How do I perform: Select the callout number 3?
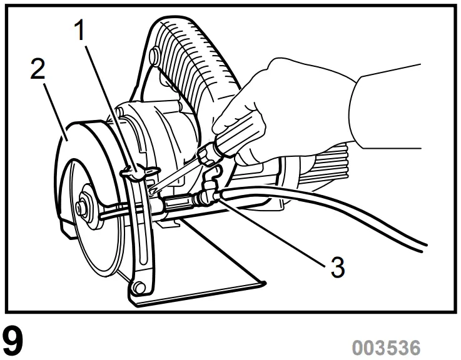(x=337, y=267)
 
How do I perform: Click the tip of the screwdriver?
(x=154, y=188)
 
